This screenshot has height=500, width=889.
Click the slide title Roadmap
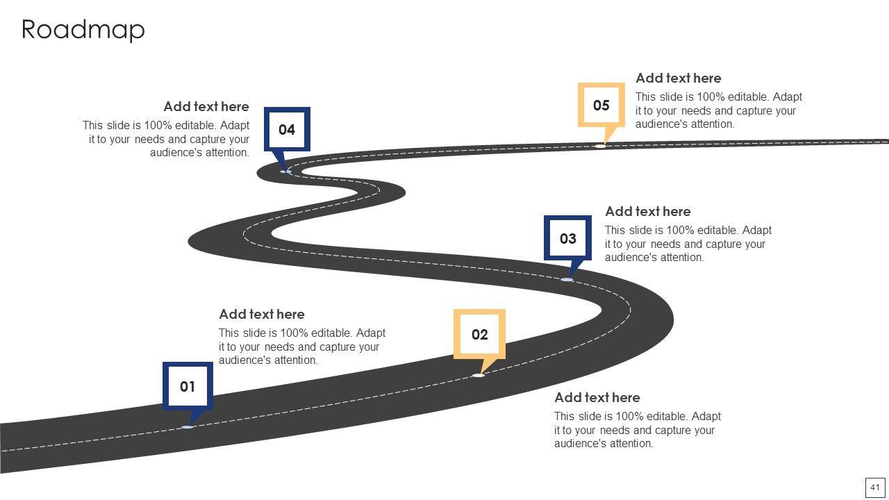tap(83, 30)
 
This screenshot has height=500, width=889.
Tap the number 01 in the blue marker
tap(188, 387)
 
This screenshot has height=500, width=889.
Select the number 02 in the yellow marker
tap(480, 335)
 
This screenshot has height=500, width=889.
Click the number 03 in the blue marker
tap(568, 239)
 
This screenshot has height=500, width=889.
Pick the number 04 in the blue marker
tap(287, 130)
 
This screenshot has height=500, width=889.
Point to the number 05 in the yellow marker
tap(601, 106)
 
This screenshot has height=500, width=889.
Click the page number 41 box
tap(875, 487)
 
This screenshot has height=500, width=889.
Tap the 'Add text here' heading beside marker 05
tap(679, 78)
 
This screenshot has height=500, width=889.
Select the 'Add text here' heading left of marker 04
tap(206, 107)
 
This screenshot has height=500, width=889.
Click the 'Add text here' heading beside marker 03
tap(648, 212)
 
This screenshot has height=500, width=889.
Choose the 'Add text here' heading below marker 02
tap(597, 398)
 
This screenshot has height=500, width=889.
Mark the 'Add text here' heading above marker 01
tap(262, 315)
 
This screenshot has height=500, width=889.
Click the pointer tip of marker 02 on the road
tap(479, 375)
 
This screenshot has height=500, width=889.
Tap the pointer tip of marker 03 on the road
tap(567, 279)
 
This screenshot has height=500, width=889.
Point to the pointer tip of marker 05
tap(601, 146)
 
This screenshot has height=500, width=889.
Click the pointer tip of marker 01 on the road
tap(188, 426)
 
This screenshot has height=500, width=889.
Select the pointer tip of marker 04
tap(285, 171)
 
